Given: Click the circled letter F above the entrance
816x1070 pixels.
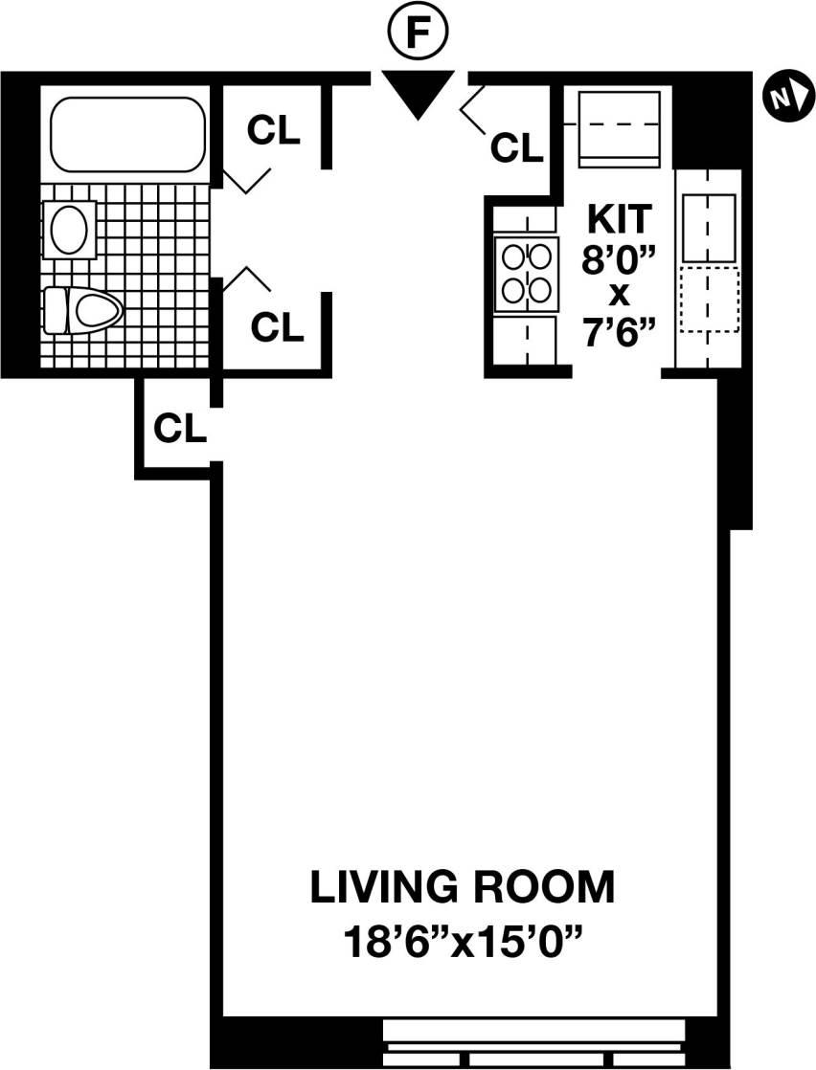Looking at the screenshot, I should pos(417,33).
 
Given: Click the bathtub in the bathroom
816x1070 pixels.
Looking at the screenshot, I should pos(127,135).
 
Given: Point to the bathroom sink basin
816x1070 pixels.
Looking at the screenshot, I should pos(69,231).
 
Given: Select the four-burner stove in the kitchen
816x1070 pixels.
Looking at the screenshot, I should pos(525,272).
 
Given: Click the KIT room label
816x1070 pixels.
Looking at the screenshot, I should pos(619,217).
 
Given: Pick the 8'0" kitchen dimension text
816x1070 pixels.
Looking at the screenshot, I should pos(619,257).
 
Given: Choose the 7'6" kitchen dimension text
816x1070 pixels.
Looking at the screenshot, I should pos(619,334).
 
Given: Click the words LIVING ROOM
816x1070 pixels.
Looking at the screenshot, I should pos(462,888).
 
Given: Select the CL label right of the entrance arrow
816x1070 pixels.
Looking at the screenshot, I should pos(516,148).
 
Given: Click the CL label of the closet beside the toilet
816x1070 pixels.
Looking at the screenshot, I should pos(277,328).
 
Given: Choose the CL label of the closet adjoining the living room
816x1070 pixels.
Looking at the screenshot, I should pos(180,429).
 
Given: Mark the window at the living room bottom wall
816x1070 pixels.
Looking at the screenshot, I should pos(534,1043).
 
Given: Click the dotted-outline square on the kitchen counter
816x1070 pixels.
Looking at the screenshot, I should pos(709,300).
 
